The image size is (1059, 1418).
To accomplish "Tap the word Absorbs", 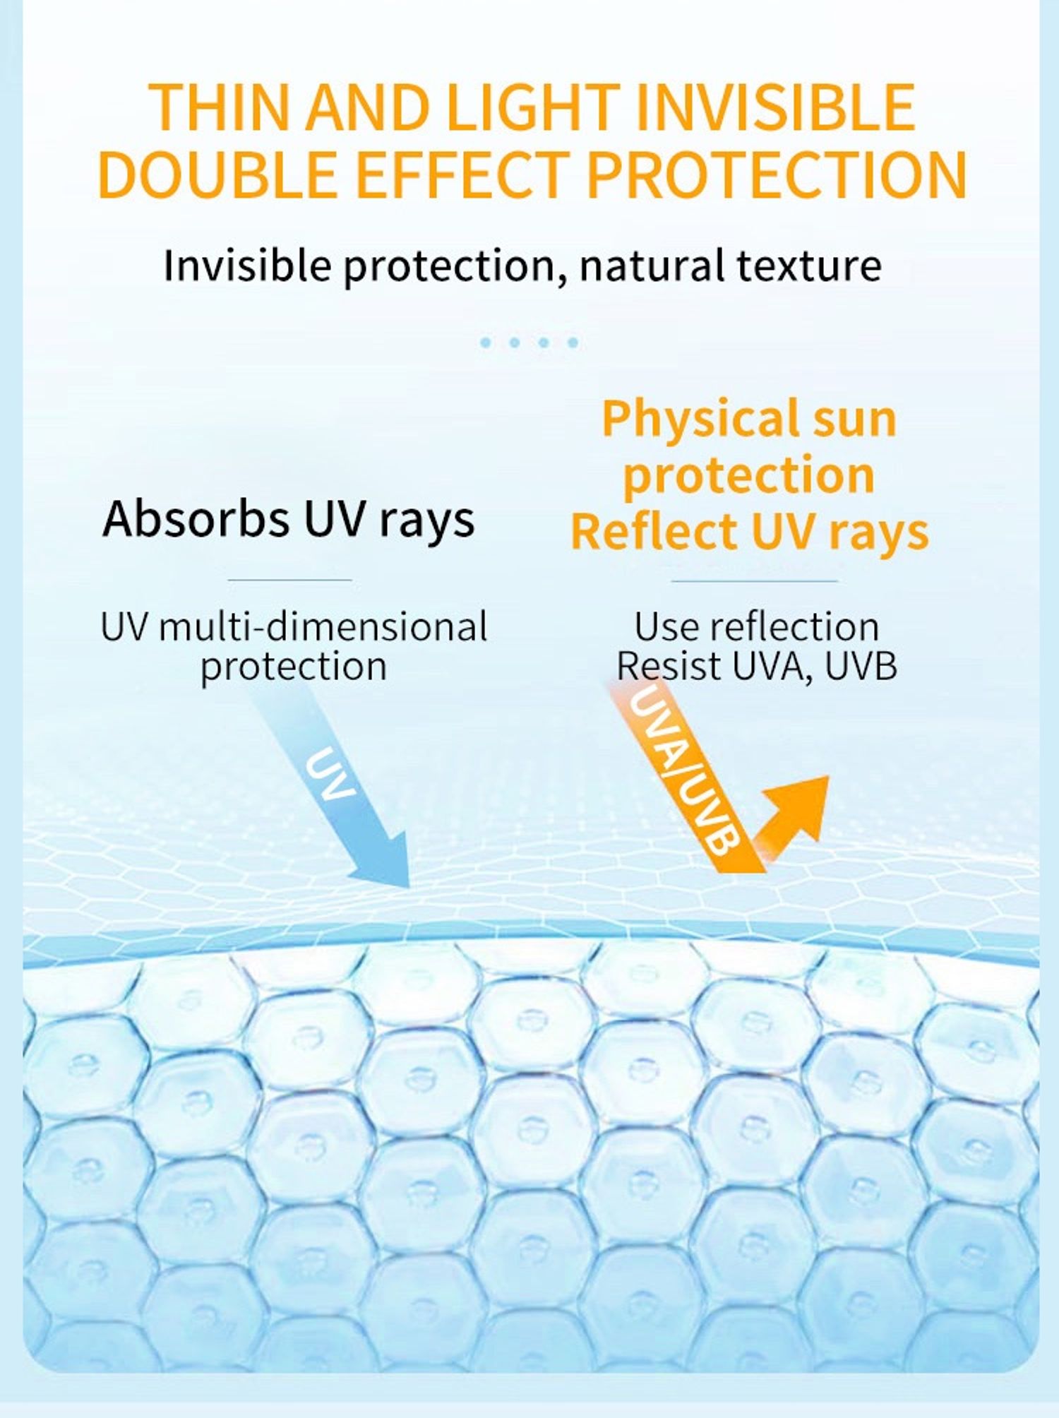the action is coord(196,518).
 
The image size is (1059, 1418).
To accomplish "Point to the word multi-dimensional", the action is coord(323,627).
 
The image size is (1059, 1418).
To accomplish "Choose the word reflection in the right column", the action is coord(794,627).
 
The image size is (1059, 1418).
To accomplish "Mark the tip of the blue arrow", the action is coord(409,887).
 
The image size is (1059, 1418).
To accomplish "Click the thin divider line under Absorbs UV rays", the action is coord(289,580).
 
